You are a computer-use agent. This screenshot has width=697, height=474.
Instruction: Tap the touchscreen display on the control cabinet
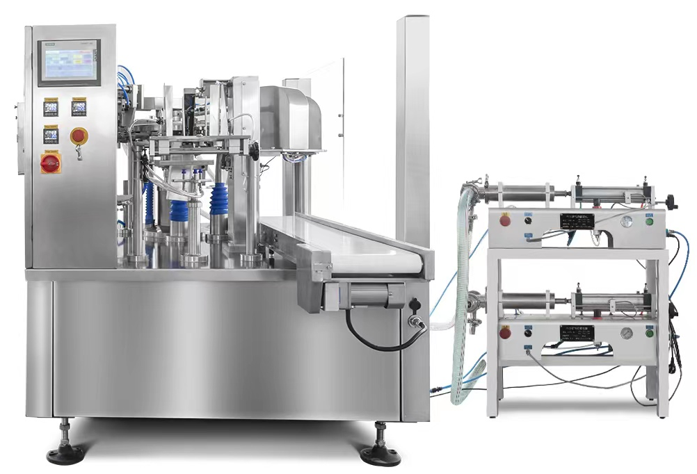pyautogui.click(x=69, y=62)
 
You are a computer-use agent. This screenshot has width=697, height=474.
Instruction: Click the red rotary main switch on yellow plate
pyautogui.click(x=51, y=163)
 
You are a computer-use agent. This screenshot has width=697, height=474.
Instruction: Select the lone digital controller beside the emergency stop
pyautogui.click(x=51, y=135)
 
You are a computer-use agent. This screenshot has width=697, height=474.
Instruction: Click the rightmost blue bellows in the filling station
pyautogui.click(x=221, y=203)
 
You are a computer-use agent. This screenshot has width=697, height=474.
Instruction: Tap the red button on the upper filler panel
pyautogui.click(x=505, y=220)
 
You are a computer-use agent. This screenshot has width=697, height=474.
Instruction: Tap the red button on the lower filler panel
pyautogui.click(x=505, y=333)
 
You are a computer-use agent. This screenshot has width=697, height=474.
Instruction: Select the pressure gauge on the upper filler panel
pyautogui.click(x=627, y=221)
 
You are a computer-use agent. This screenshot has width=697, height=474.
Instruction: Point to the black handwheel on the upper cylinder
pyautogui.click(x=671, y=202)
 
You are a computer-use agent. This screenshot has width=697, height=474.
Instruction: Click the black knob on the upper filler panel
pyautogui.click(x=527, y=220)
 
